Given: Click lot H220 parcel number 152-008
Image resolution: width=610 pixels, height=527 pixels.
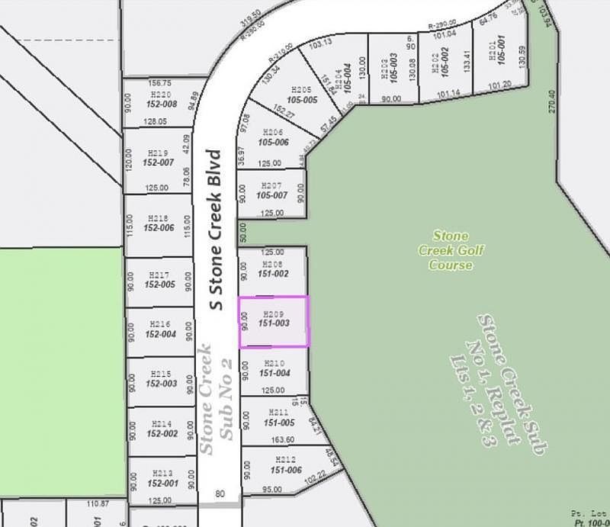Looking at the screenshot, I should click(159, 99).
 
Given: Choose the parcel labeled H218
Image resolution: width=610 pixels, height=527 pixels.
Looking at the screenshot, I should click(159, 223).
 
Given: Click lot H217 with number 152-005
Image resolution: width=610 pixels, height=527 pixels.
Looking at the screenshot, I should click(159, 280).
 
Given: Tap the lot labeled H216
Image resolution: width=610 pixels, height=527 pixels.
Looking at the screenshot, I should click(159, 329).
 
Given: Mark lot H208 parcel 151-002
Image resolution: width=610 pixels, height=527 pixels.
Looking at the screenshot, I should click(273, 268).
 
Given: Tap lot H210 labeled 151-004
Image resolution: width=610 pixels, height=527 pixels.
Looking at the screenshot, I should click(274, 368).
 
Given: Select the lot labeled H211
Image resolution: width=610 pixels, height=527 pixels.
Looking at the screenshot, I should click(273, 418).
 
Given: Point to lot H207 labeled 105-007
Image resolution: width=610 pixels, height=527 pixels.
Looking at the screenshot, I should click(271, 191).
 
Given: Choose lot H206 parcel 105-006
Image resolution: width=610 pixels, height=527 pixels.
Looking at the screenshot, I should click(272, 137).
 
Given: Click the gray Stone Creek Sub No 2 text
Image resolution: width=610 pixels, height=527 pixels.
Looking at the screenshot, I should click(216, 401).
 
